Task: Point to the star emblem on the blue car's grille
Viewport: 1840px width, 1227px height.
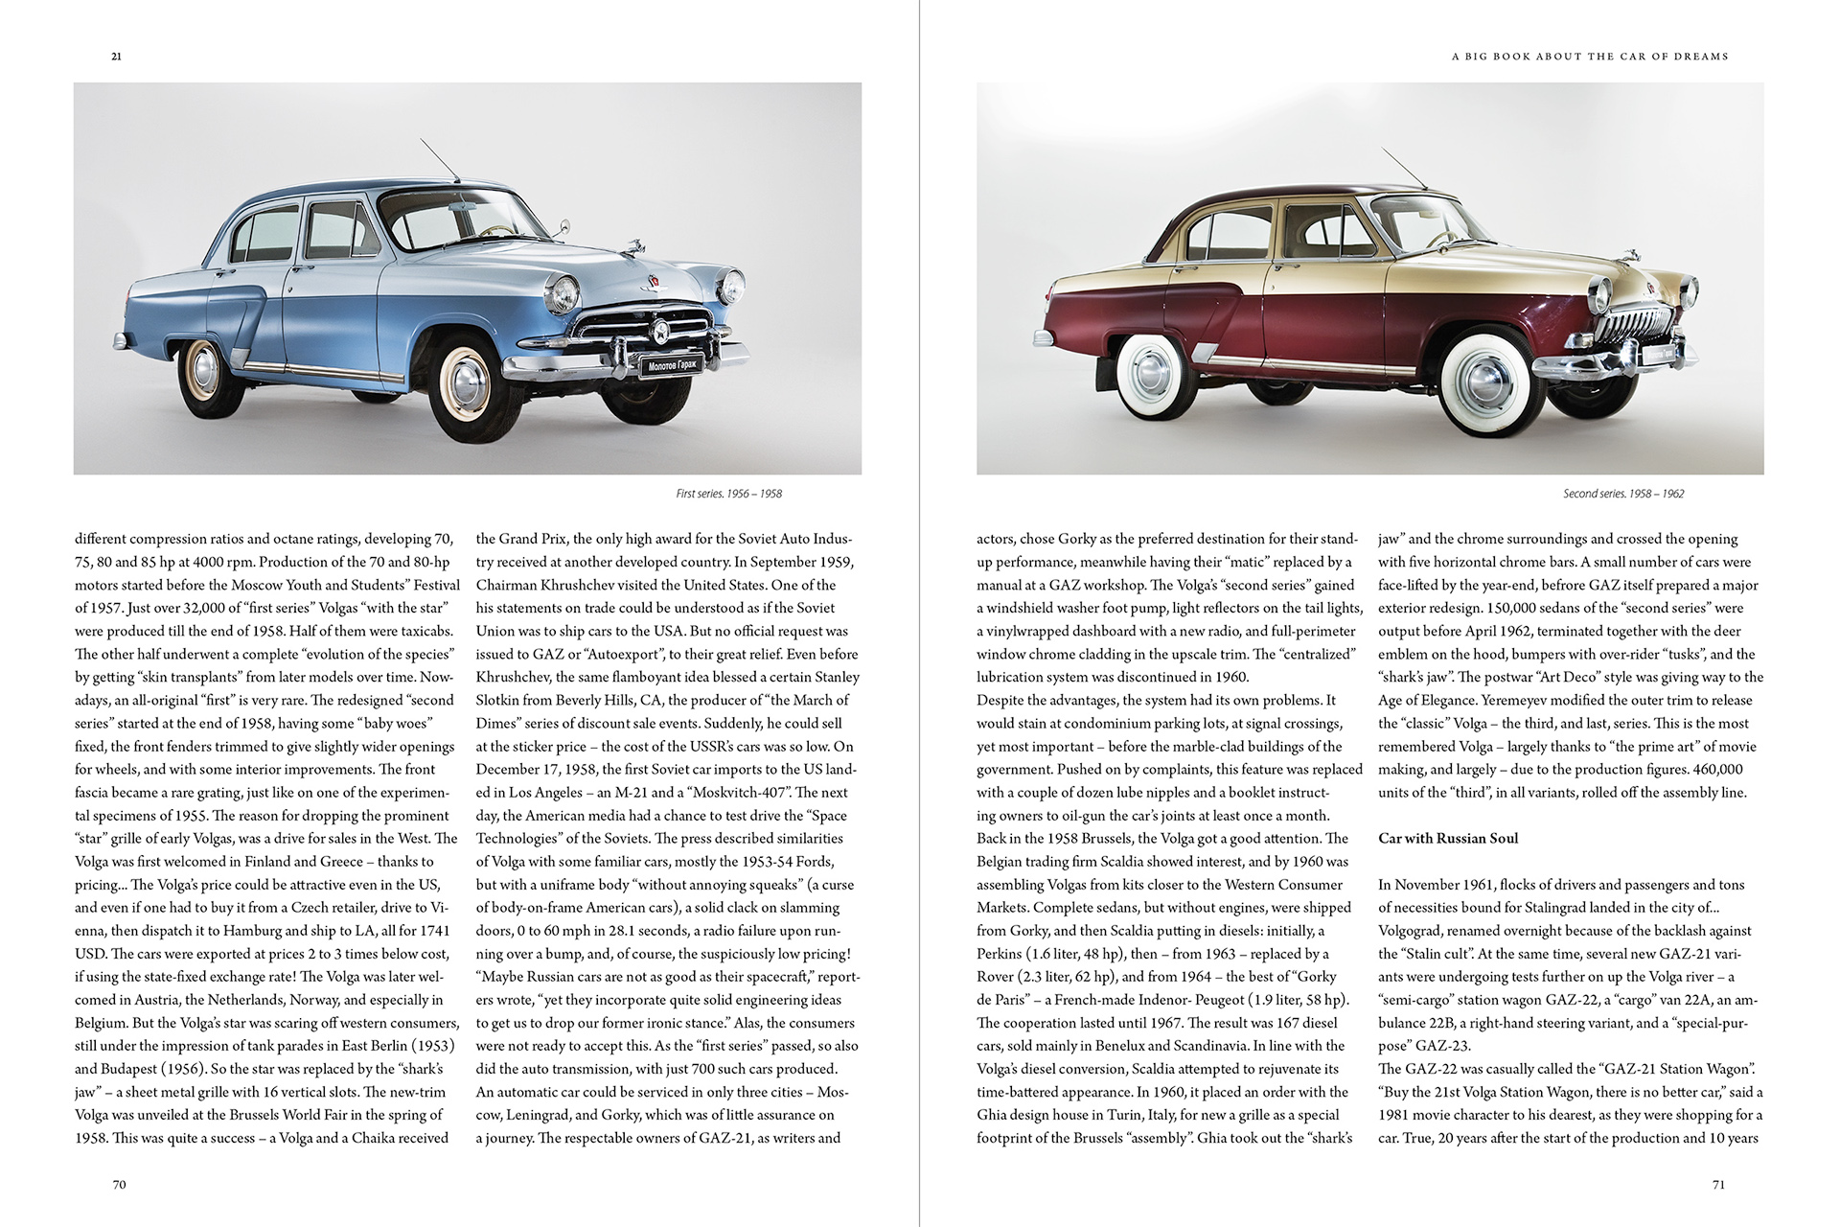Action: pos(660,332)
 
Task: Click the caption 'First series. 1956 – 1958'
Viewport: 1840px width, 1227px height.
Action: pos(728,494)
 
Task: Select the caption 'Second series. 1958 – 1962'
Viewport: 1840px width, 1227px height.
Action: pos(1623,494)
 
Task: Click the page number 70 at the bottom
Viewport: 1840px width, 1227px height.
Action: pos(119,1185)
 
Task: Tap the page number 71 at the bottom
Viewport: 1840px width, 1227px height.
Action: pos(1718,1185)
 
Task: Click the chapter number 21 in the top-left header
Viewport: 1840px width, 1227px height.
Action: pos(116,57)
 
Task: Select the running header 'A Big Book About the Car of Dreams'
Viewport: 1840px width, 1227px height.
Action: pos(1590,57)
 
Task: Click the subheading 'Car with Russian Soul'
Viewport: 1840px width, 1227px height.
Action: pos(1448,839)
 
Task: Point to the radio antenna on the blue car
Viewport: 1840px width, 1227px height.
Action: pos(439,160)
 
